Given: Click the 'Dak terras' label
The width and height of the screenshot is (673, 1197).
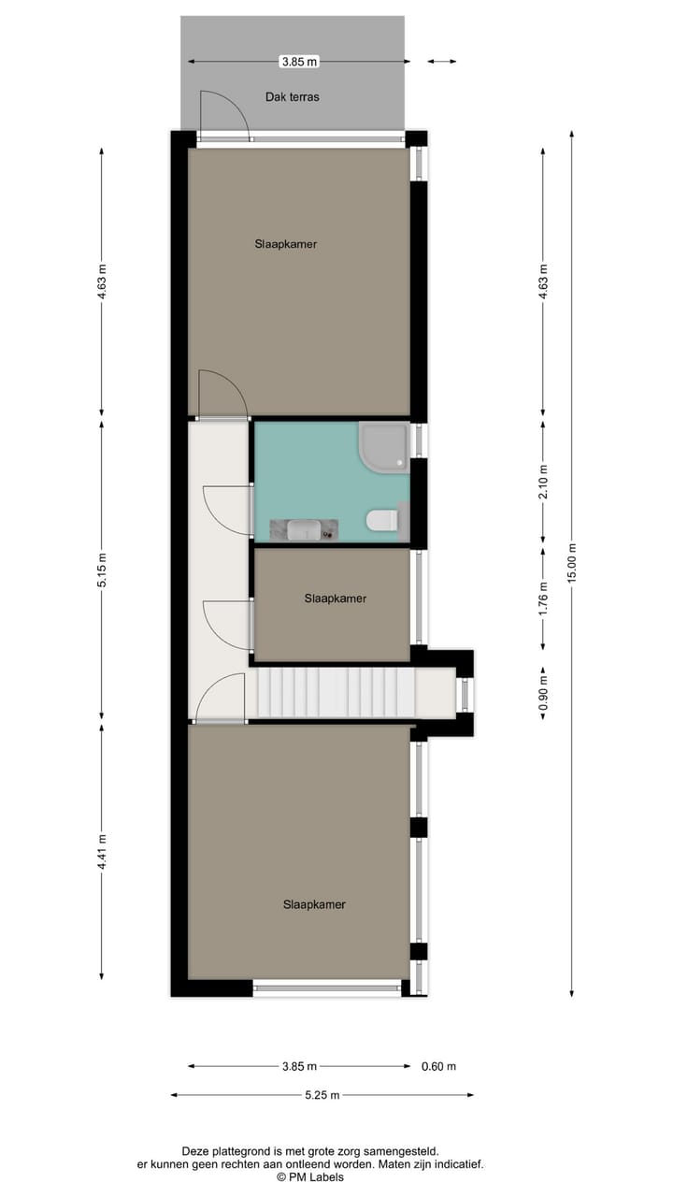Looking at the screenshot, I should pos(293,96).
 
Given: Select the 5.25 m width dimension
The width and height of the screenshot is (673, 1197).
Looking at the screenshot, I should pos(322,1096).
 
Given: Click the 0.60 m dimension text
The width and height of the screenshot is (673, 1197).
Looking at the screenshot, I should pos(438,1066).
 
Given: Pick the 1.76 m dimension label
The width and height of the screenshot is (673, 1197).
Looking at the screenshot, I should pos(544,598).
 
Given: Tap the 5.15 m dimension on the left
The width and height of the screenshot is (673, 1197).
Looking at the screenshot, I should pos(103,570).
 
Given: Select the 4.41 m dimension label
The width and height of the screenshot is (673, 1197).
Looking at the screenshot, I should pos(103,852).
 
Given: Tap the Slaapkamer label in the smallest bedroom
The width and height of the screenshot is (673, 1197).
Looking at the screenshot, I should pos(335,598).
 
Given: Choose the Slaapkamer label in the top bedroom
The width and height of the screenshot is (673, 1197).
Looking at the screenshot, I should pos(285,244).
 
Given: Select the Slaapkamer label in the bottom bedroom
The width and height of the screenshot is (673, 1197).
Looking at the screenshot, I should pos(314,904).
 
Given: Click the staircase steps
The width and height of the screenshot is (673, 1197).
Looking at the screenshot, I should pos(336,694).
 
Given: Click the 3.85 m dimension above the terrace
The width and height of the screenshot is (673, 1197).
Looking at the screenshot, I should pos(299,62).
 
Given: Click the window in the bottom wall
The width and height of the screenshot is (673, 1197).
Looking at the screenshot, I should pos(327,986).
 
